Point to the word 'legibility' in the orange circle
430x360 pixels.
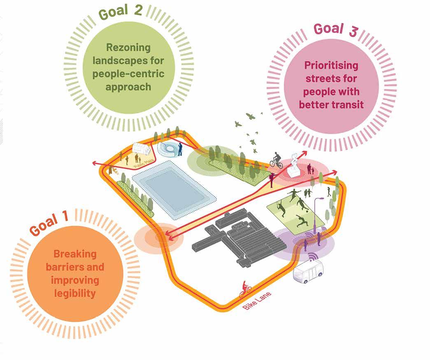(75, 293)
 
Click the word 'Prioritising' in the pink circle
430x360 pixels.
(331, 65)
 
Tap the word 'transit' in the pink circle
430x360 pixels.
(348, 105)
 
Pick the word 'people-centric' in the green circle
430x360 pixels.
(128, 74)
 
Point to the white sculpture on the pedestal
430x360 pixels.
(295, 165)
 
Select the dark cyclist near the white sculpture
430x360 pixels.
(277, 160)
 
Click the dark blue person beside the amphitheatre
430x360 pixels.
(180, 149)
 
